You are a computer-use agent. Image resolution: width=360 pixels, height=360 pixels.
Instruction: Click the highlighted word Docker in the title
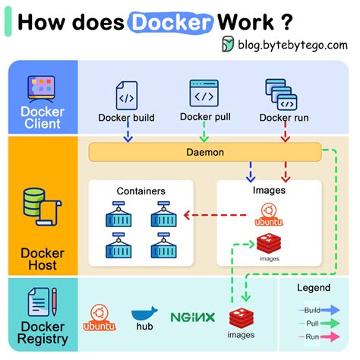(171, 21)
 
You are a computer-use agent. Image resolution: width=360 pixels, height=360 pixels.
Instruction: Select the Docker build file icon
(126, 96)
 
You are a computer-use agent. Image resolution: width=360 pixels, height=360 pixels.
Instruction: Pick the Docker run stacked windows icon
(280, 93)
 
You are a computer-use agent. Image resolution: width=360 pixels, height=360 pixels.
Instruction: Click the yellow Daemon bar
(205, 152)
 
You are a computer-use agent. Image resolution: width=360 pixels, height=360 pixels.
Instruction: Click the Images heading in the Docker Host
(268, 191)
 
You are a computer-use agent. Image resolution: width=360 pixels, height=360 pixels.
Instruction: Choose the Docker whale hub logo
(144, 315)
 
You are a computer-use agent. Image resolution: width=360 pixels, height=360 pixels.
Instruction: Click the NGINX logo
(192, 317)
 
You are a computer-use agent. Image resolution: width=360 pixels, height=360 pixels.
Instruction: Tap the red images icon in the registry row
(241, 319)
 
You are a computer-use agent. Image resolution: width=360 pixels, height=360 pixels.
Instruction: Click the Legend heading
(314, 288)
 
